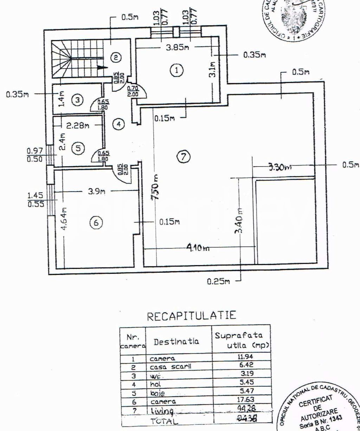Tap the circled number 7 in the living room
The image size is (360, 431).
184,157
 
